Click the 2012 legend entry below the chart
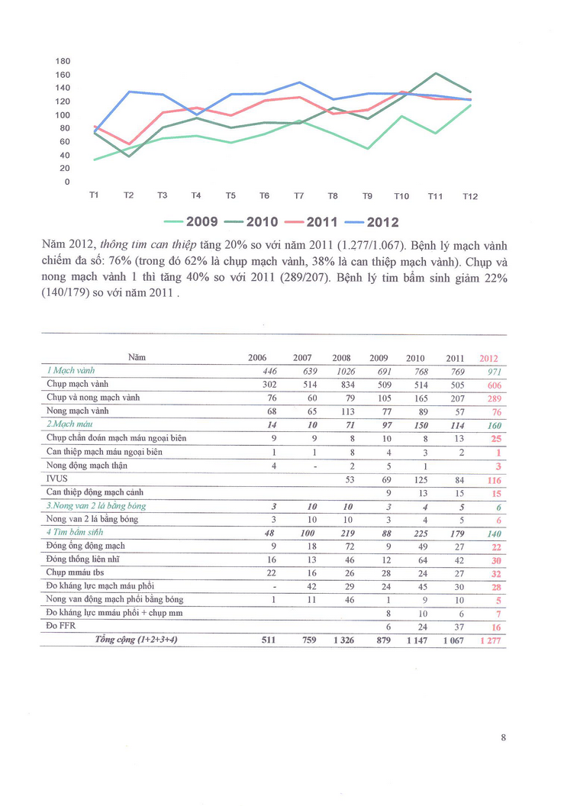372,222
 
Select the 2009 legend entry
192,222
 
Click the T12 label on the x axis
470,196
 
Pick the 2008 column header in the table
341,358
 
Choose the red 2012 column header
488,358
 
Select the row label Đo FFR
62,626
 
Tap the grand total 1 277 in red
488,640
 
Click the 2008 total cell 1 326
341,640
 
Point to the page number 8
504,737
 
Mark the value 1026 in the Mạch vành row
341,371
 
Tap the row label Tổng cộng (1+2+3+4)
135,640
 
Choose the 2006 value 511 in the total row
258,640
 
